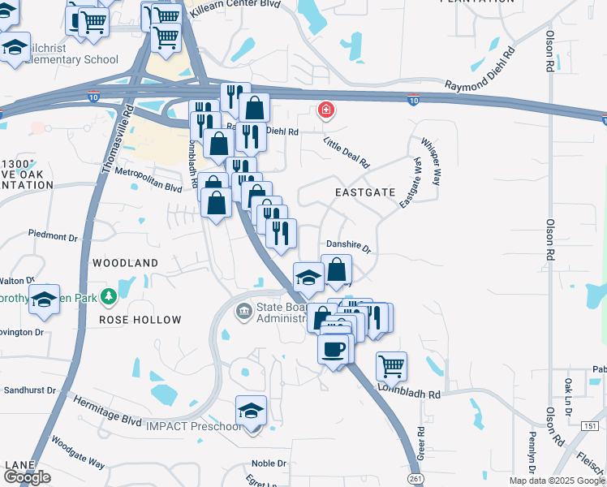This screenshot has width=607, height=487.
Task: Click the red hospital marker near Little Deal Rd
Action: point(326,110)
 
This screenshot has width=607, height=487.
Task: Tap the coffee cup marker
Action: point(334,350)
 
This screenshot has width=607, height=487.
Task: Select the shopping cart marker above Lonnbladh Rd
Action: point(391,366)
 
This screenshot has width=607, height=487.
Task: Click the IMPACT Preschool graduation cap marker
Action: point(252,411)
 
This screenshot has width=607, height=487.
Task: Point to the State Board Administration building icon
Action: point(243,311)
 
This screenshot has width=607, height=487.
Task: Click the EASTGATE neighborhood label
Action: point(365,192)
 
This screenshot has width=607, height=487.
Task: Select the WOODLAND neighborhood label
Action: point(125,263)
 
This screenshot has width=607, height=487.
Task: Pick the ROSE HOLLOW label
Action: point(140,320)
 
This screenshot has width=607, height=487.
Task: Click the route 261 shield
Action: point(416,480)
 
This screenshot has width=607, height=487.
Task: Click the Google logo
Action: point(26,477)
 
